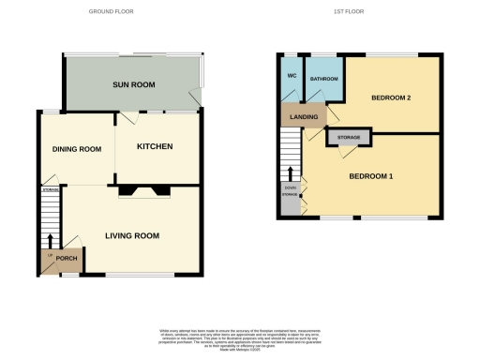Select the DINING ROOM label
76,148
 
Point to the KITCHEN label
155,146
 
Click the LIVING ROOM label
129,236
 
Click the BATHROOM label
324,80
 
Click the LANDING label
303,117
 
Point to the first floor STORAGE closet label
346,137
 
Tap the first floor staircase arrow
290,172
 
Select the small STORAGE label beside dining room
50,190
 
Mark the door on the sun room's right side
195,95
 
